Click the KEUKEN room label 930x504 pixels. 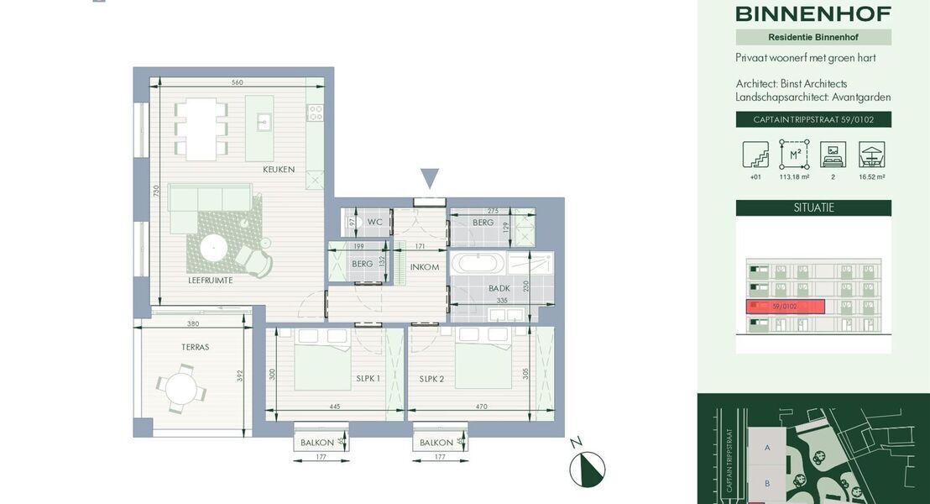[279, 170]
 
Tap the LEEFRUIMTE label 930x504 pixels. [210, 281]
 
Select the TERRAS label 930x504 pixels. [194, 347]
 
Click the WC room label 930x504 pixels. [375, 223]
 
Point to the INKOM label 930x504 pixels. [425, 267]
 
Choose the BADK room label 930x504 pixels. [499, 288]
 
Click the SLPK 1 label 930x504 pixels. [368, 379]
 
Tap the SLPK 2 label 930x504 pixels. [431, 379]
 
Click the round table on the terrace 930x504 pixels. [180, 388]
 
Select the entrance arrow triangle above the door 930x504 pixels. [430, 178]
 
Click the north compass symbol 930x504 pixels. [587, 469]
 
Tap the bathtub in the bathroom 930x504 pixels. [478, 263]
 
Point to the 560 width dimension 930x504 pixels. [237, 82]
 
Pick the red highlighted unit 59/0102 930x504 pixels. [786, 307]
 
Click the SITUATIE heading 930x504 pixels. [812, 207]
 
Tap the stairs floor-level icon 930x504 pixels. [755, 155]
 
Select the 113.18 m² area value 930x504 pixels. [793, 177]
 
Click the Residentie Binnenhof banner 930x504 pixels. [812, 37]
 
